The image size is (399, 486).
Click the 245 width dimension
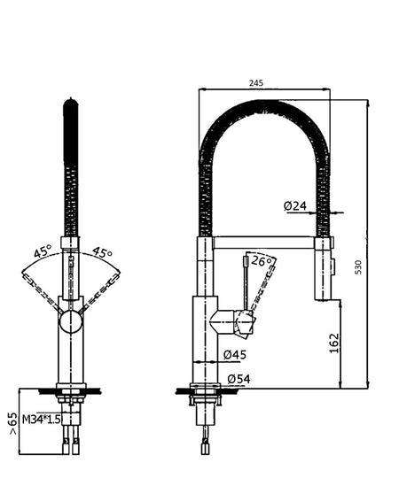coord(256,82)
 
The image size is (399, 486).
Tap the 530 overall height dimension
coord(358,266)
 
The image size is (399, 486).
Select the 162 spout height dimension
coord(334,343)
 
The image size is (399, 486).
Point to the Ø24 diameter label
coord(295,205)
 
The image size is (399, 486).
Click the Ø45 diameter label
coord(235,354)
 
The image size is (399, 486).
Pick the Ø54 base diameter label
coord(239,379)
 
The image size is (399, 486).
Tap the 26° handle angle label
coord(262,261)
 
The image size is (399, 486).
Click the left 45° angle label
coord(43,251)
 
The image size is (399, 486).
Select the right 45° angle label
coord(103,252)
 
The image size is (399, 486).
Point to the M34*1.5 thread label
coord(42,420)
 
